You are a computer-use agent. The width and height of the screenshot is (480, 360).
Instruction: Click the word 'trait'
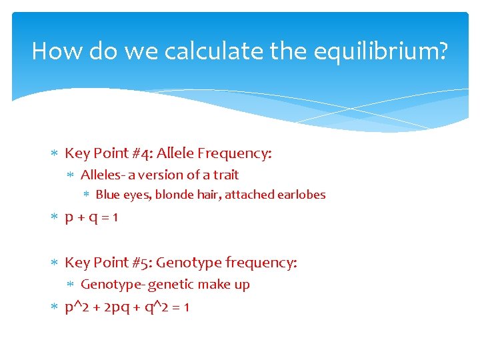point(225,175)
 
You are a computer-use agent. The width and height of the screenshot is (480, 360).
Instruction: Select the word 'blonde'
point(175,195)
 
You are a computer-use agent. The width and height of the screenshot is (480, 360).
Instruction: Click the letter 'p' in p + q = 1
point(69,219)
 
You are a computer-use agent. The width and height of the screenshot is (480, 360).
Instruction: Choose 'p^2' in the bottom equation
point(75,307)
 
